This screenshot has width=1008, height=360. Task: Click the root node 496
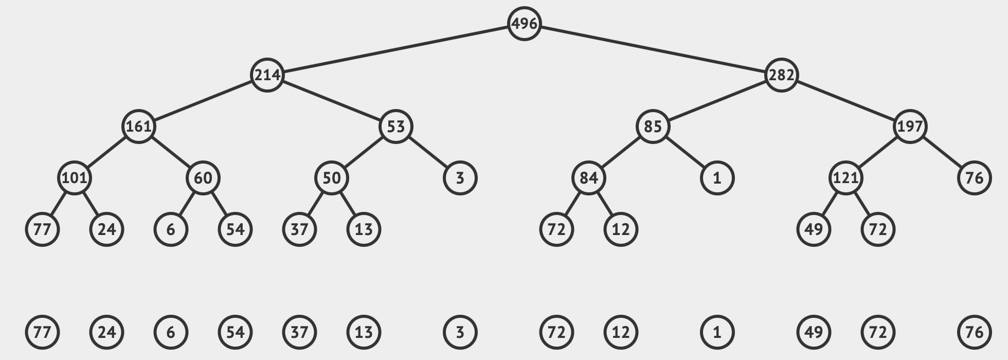(524, 24)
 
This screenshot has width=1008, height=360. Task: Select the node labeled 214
(267, 75)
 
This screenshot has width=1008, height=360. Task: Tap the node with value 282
(781, 75)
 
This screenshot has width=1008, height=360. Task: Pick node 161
(138, 127)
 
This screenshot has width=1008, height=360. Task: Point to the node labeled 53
(395, 127)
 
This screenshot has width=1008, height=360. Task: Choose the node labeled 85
(653, 127)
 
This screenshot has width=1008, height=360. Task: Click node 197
(910, 127)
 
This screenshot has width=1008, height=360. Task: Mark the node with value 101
(74, 178)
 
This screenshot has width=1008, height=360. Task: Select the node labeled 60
(203, 178)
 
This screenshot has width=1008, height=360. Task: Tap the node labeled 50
(331, 178)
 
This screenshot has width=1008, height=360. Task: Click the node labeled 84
(588, 178)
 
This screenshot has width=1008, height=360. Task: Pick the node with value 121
(845, 178)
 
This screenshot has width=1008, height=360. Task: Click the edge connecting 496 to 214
(395, 49)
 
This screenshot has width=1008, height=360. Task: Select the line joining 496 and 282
(653, 49)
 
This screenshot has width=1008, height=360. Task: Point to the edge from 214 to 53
(331, 101)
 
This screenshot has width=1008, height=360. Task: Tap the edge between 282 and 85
(717, 101)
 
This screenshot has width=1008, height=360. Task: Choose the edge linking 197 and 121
(877, 152)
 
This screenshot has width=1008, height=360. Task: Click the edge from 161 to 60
(171, 152)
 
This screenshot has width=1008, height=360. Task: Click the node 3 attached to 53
(460, 178)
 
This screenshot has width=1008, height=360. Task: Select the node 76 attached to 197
(974, 178)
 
